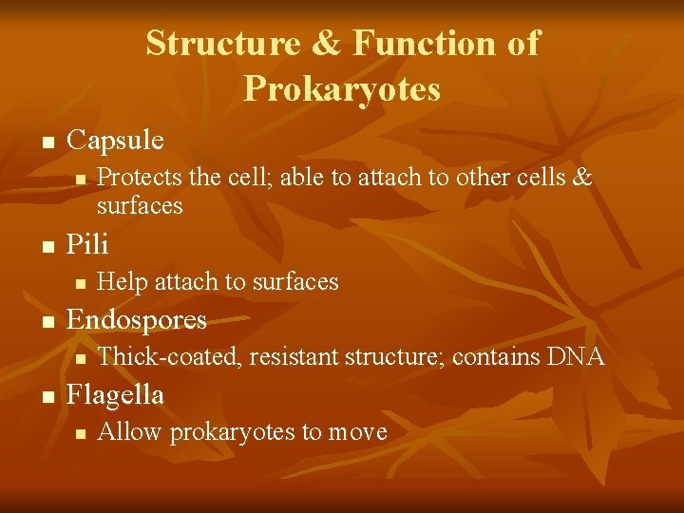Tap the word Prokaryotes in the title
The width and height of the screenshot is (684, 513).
pyautogui.click(x=342, y=88)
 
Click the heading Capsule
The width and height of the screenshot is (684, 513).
pyautogui.click(x=115, y=141)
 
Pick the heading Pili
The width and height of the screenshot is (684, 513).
pyautogui.click(x=87, y=245)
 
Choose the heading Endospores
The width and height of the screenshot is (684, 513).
pyautogui.click(x=136, y=319)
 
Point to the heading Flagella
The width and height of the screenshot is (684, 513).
pyautogui.click(x=115, y=394)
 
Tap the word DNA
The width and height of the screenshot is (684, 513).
pyautogui.click(x=576, y=356)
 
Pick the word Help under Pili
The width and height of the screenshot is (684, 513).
pyautogui.click(x=122, y=281)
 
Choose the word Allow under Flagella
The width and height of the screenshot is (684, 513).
pyautogui.click(x=127, y=432)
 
